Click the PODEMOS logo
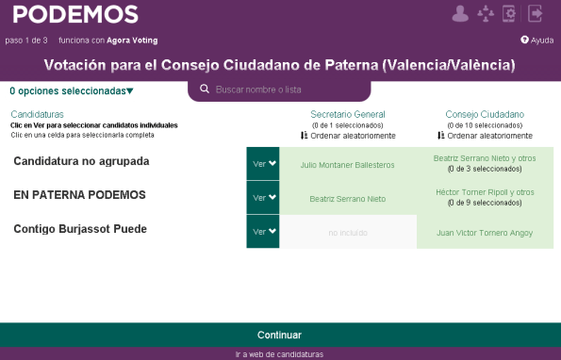coord(76,14)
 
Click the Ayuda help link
coord(536,41)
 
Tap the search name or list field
coord(283,89)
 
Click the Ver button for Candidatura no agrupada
coord(263,163)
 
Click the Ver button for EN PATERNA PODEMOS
coord(263,198)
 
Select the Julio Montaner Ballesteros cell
coord(347,164)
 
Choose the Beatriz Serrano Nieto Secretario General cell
coord(347,199)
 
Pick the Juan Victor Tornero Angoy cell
coord(485,232)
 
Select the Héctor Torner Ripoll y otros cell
coord(485,197)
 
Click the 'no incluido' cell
coord(347,232)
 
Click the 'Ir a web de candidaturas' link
coord(279,354)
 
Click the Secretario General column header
coord(347,114)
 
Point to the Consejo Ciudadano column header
coord(485,114)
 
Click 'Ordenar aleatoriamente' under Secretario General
coord(347,136)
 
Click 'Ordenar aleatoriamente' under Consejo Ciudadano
coord(485,136)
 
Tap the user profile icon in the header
coord(460,13)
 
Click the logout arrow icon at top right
coord(536,13)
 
